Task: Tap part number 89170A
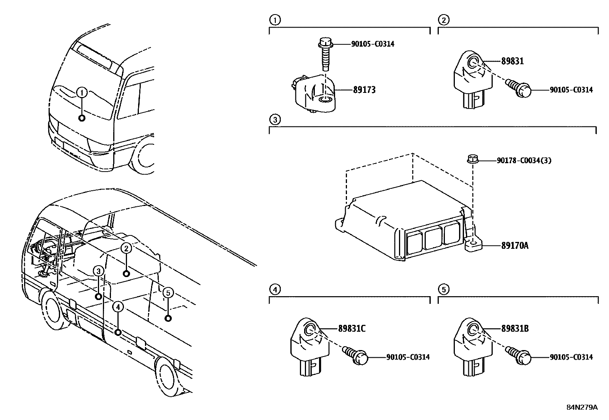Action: tap(515, 245)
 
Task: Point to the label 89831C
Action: tap(352, 328)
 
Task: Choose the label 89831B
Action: tap(515, 328)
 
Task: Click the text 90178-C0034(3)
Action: tap(524, 161)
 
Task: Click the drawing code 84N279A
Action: tap(582, 407)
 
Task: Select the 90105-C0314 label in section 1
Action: tap(373, 44)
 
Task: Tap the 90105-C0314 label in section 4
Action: tap(408, 357)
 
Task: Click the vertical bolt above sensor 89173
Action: tap(324, 54)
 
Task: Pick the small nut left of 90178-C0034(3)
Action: tap(472, 158)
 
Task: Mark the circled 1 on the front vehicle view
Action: tap(82, 92)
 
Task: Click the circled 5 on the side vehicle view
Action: tap(168, 293)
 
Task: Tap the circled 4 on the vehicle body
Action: tap(118, 306)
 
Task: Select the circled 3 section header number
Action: tap(275, 120)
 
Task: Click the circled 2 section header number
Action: tap(443, 20)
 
